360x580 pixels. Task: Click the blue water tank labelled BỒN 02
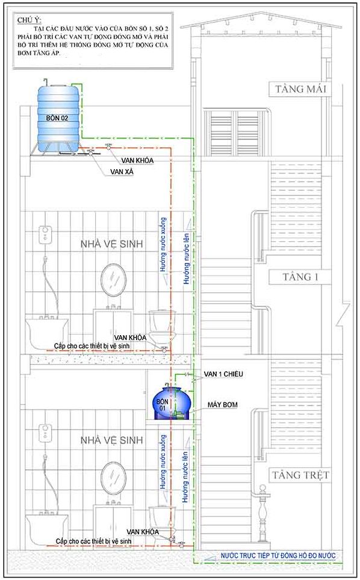coord(58,118)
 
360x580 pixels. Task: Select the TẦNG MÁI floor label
coord(300,89)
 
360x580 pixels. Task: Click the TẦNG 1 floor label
coord(300,277)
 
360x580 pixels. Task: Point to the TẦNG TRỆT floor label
coord(300,475)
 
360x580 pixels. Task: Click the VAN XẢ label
coord(122,172)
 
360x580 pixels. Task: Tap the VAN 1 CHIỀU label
coord(223,374)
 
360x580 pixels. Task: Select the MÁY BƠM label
coord(222,405)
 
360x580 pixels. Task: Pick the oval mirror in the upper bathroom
coord(114,280)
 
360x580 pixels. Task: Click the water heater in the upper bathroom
coord(45,235)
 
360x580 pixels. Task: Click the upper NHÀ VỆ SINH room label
coord(112,244)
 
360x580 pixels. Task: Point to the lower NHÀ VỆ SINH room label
coord(112,440)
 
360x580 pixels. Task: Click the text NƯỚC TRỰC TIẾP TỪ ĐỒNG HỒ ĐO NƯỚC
coord(278,555)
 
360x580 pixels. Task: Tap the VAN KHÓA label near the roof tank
coord(137,161)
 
